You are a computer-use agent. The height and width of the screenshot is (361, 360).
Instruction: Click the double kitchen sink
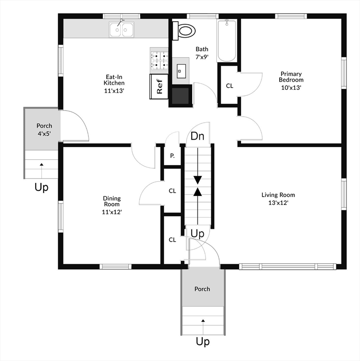(x=122, y=29)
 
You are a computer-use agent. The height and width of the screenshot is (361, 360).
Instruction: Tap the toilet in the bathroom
(x=184, y=31)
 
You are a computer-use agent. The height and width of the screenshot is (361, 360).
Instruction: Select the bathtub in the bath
(x=227, y=41)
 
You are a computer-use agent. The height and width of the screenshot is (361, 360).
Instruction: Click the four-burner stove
(x=159, y=60)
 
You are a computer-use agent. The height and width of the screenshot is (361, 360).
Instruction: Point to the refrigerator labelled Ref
(x=159, y=86)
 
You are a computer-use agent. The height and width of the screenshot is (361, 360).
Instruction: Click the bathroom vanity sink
(x=181, y=71)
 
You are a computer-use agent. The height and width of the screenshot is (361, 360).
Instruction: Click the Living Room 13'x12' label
(x=278, y=199)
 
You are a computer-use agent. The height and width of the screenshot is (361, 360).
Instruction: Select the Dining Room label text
(x=112, y=201)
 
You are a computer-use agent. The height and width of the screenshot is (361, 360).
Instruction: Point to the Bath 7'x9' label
(x=202, y=53)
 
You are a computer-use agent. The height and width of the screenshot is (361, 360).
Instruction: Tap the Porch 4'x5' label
(x=44, y=130)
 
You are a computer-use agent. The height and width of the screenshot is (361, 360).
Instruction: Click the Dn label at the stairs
(x=197, y=136)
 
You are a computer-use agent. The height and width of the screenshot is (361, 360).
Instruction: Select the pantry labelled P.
(x=172, y=156)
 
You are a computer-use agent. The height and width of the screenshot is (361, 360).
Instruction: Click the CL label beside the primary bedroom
(x=229, y=86)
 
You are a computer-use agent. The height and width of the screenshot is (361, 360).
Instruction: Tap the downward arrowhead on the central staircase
(x=198, y=180)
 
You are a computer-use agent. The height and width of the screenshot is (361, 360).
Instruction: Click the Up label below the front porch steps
(x=203, y=342)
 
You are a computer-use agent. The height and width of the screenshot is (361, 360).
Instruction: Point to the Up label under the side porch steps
(x=41, y=187)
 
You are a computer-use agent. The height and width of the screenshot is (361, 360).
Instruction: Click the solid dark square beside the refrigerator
(x=180, y=96)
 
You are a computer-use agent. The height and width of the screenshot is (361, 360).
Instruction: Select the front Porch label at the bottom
(x=202, y=289)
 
